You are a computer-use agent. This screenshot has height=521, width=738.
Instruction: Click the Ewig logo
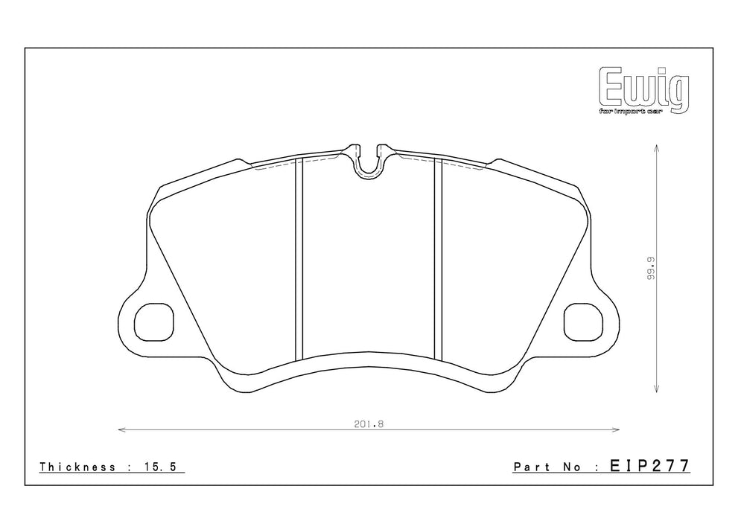tap(644, 90)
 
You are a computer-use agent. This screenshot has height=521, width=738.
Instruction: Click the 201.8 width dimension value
tap(369, 423)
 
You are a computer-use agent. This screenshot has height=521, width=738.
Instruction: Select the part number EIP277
tap(650, 465)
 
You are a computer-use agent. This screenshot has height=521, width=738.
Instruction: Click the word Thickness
tap(77, 467)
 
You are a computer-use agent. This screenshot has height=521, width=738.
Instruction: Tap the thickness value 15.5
tap(159, 467)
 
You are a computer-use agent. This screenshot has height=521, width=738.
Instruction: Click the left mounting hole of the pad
tap(154, 322)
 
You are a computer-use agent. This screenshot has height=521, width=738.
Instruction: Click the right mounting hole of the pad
tap(583, 322)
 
